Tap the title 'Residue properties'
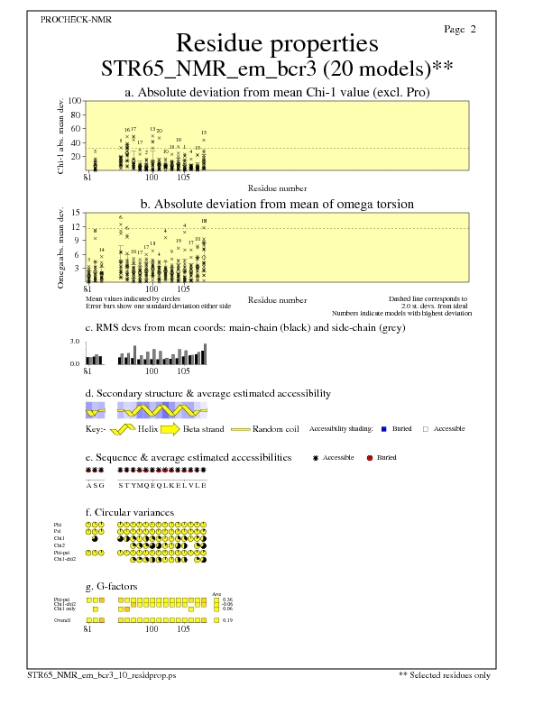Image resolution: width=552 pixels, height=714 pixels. click(276, 43)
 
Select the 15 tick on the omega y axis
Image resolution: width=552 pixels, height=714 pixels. click(77, 213)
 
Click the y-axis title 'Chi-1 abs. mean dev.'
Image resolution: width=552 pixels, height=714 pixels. click(61, 135)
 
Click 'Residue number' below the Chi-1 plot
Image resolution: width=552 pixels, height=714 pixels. click(277, 188)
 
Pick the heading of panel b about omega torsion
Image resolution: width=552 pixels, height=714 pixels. click(276, 204)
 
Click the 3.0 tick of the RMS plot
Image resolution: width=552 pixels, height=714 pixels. click(76, 343)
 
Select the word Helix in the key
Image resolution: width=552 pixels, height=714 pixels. click(148, 429)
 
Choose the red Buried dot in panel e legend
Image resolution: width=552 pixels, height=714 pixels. click(370, 458)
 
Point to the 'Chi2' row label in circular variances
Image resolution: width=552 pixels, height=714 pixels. click(59, 545)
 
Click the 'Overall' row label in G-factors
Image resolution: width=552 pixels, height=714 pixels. click(62, 621)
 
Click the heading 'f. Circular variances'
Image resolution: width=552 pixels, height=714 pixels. click(129, 512)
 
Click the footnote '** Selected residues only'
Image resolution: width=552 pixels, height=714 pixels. click(445, 673)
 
